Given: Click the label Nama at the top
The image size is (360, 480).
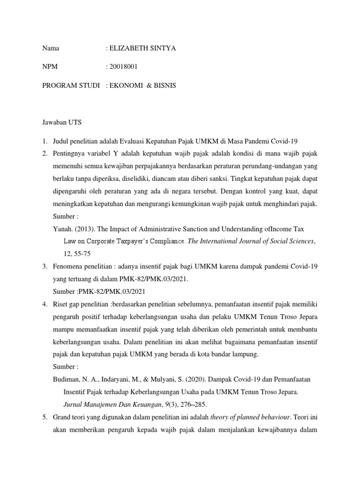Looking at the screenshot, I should [51, 48].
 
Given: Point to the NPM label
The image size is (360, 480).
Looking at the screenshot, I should [50, 67].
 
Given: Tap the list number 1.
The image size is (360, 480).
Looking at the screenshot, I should [44, 141].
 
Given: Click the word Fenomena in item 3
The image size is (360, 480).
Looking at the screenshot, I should [69, 266].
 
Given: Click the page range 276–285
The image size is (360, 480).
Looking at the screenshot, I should [188, 404].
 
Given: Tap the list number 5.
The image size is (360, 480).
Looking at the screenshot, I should [44, 416].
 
